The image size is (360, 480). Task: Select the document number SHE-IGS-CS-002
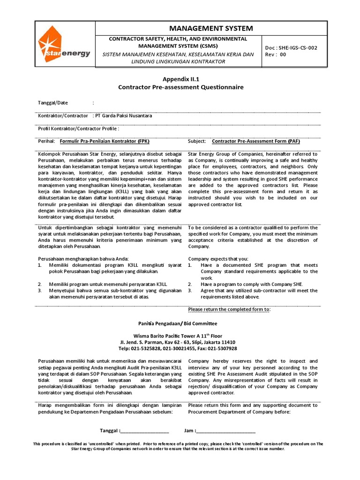point(297,48)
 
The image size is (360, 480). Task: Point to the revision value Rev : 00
point(276,54)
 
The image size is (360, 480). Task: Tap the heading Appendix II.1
point(180,80)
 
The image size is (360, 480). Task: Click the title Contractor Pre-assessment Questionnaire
point(180,87)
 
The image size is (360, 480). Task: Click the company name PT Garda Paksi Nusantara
point(123,115)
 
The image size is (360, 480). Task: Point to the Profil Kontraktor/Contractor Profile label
point(78,128)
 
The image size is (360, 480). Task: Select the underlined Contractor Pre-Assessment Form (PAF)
point(256,141)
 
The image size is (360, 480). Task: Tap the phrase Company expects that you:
point(218,259)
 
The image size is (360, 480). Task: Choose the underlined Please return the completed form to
point(229,309)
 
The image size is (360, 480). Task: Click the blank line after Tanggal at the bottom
point(145,431)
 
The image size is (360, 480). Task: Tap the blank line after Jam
point(226,431)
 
